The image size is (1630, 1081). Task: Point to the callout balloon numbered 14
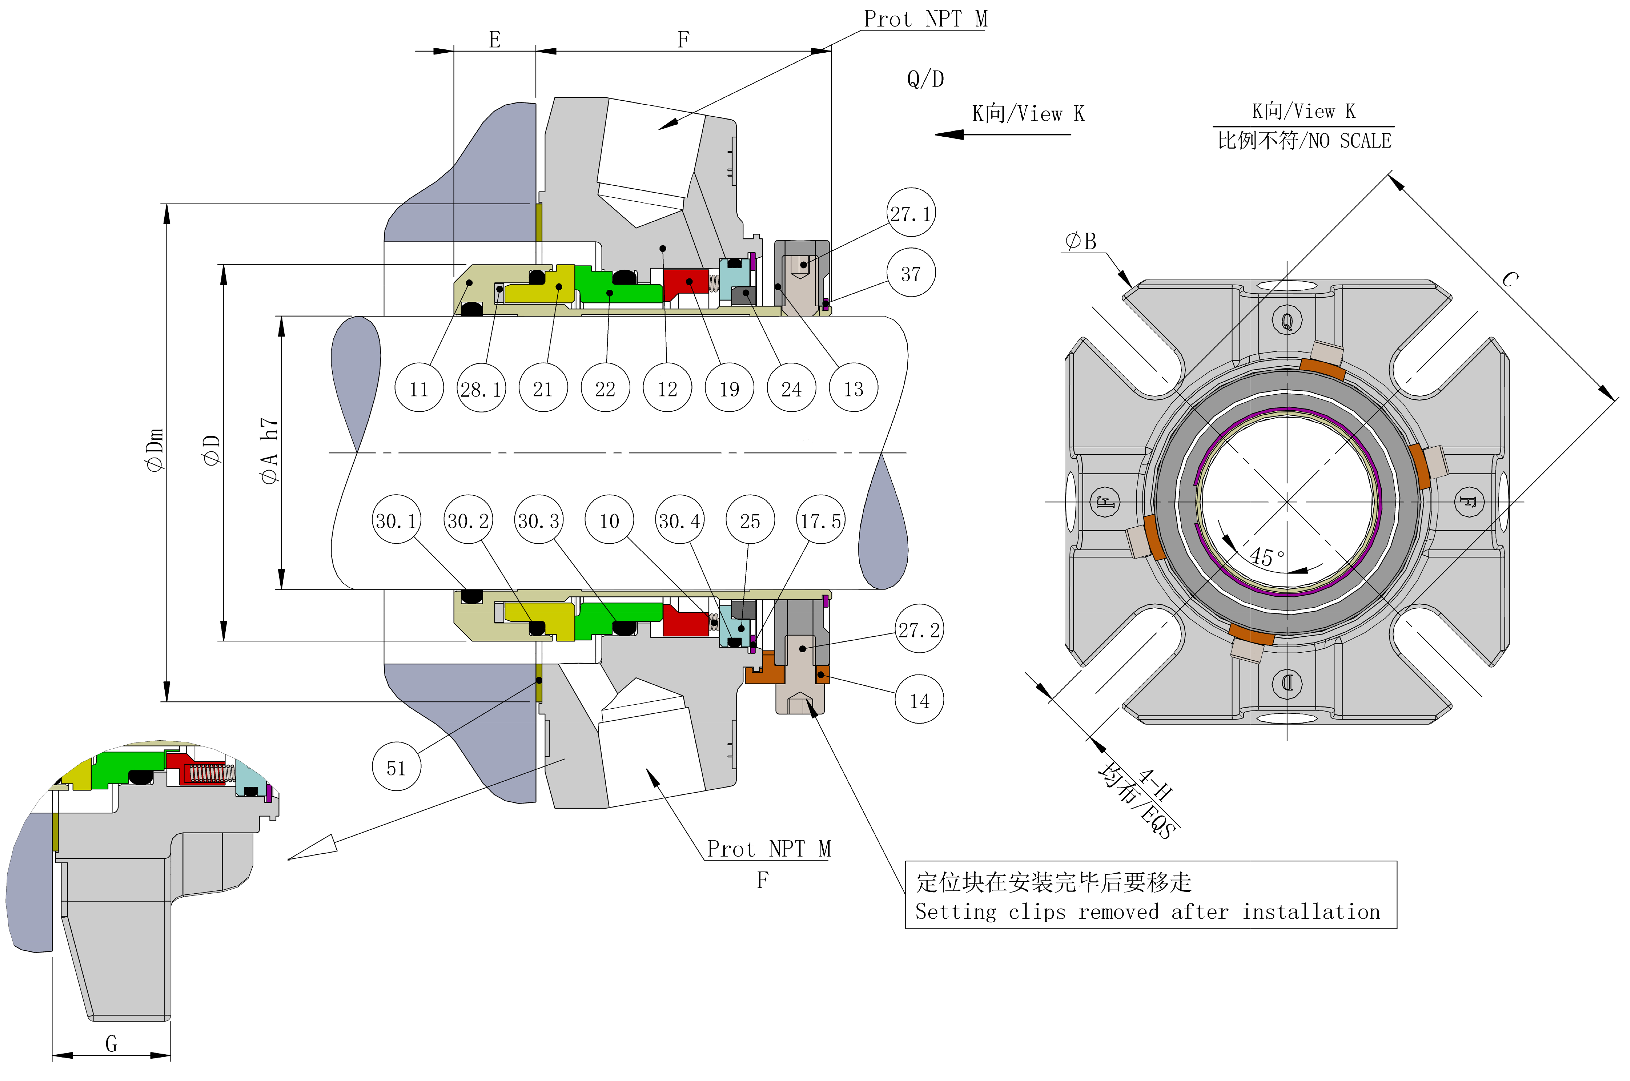pyautogui.click(x=919, y=700)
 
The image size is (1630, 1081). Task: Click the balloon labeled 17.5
pyautogui.click(x=820, y=520)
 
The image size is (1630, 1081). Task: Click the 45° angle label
pyautogui.click(x=1267, y=556)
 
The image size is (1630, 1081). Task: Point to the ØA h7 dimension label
pyautogui.click(x=269, y=450)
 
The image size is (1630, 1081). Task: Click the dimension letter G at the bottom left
pyautogui.click(x=111, y=1043)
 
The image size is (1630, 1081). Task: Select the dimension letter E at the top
pyautogui.click(x=494, y=39)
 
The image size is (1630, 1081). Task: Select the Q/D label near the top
pyautogui.click(x=925, y=79)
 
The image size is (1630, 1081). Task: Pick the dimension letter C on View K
pyautogui.click(x=1509, y=279)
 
